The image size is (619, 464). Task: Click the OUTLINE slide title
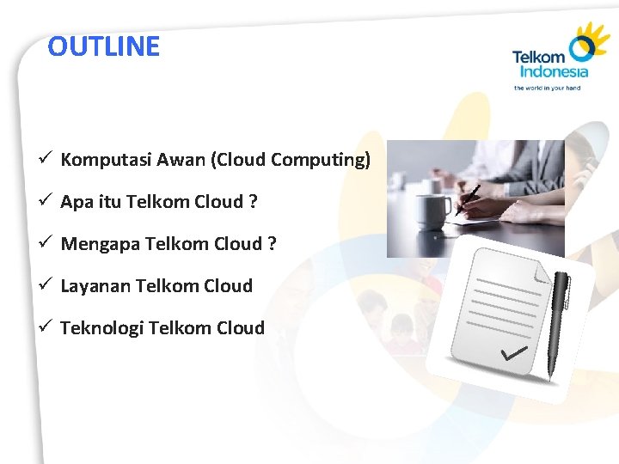104,46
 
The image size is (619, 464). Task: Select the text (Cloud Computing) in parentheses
291,160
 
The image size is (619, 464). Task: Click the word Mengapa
100,244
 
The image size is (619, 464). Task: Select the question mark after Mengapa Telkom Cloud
272,244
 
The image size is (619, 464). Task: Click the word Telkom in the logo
538,58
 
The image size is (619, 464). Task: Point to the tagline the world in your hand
547,88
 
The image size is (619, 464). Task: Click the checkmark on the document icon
514,353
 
